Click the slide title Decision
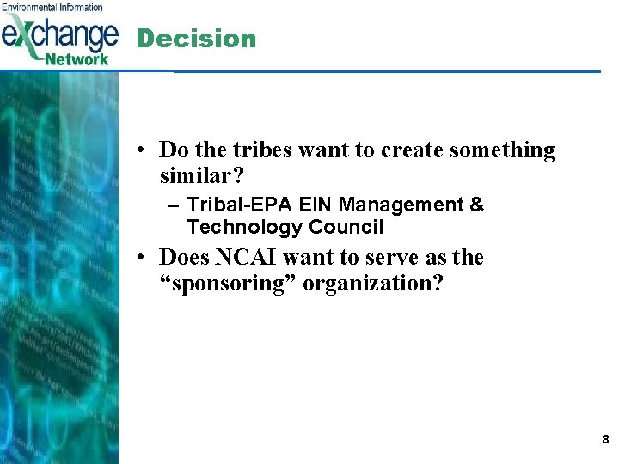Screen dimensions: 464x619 click(x=196, y=39)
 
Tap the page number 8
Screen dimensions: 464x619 click(x=605, y=440)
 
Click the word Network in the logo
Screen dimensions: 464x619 click(x=77, y=59)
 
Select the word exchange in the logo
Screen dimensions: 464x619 click(x=60, y=34)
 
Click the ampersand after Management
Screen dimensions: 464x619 click(x=477, y=205)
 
